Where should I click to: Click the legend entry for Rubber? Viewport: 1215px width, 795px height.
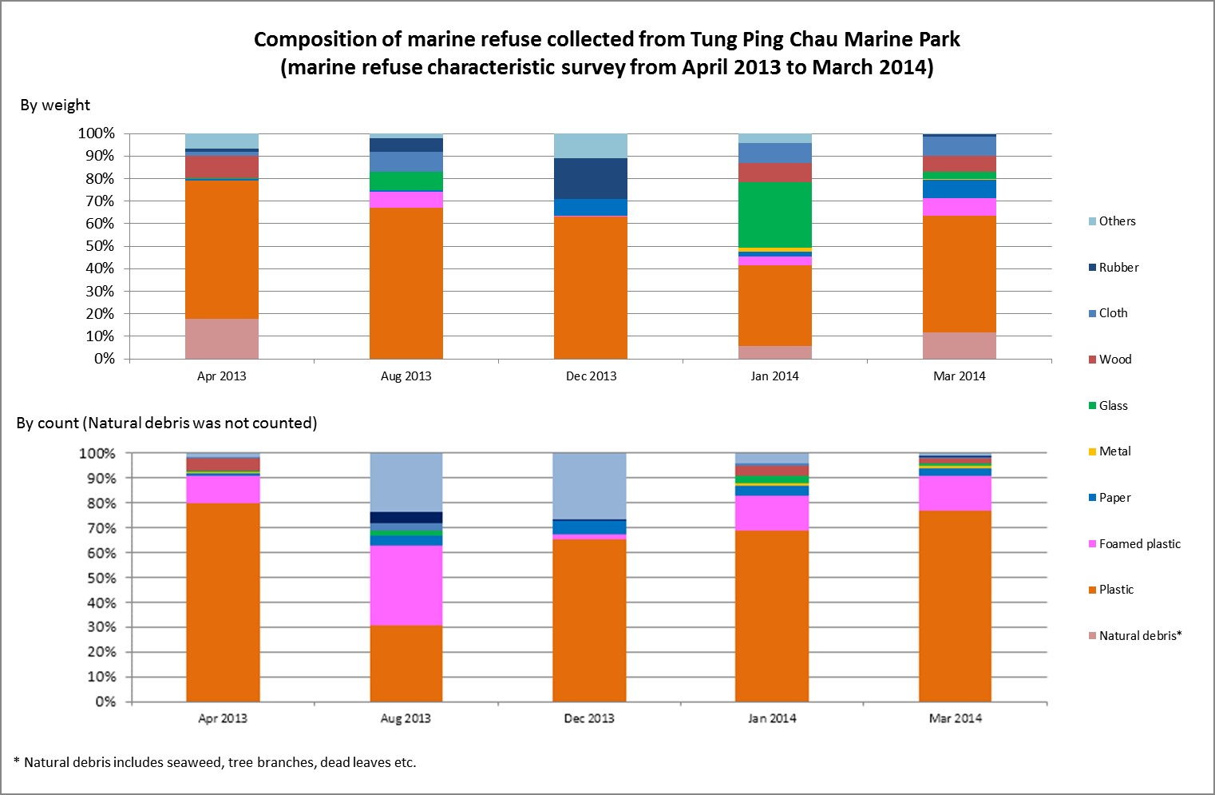pos(1118,268)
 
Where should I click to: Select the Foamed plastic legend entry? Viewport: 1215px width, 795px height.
pos(1138,544)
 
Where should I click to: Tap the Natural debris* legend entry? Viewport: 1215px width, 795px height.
pos(1139,636)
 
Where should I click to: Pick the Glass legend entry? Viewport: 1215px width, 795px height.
pos(1112,406)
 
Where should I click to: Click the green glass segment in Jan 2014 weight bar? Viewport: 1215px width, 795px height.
pos(774,215)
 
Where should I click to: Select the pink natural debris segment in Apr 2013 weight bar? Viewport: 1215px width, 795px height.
pos(221,339)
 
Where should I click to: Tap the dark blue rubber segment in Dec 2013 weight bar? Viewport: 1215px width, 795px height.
pos(591,178)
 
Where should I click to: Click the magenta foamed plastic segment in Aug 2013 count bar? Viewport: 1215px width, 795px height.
pos(406,586)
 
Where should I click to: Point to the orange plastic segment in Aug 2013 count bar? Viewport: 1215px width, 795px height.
pos(406,663)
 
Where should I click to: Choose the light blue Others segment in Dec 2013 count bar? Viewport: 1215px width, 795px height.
pos(589,486)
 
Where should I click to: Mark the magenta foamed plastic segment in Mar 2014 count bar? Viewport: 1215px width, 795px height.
pos(955,493)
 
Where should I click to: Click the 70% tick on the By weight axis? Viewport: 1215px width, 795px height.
pos(100,201)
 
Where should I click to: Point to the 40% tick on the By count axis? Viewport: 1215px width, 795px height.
pos(101,602)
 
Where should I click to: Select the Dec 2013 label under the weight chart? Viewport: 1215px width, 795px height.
pos(591,376)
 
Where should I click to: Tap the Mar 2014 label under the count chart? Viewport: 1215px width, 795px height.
pos(955,718)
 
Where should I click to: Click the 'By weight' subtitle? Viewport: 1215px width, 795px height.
pos(55,105)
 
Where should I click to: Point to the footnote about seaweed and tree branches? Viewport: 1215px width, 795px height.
pos(216,762)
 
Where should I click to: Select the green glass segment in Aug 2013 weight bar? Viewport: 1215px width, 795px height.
pos(406,181)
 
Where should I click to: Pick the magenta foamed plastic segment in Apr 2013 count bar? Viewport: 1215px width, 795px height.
pos(223,489)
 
